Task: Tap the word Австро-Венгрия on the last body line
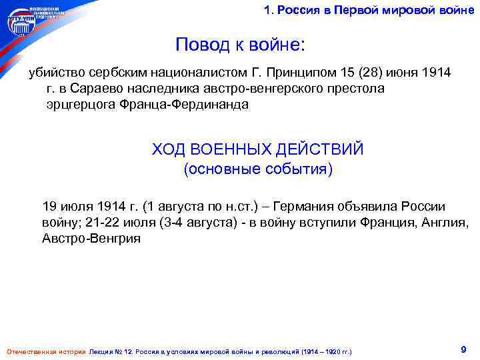tap(91, 239)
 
